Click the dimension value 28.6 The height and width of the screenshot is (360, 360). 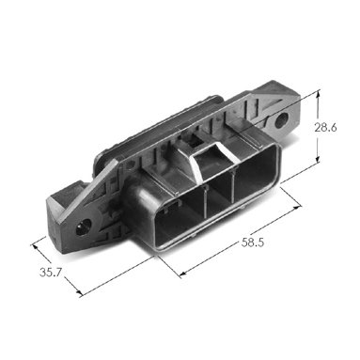(326, 128)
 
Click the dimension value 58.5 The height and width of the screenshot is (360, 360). (253, 243)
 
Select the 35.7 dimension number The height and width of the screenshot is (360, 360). (51, 273)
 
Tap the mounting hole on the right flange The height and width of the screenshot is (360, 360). (281, 120)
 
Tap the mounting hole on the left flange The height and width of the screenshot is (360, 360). (84, 227)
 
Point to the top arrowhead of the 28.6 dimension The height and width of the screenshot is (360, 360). (318, 93)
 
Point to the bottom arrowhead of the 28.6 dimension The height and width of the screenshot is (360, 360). (318, 158)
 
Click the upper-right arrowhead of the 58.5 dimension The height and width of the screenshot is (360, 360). (296, 209)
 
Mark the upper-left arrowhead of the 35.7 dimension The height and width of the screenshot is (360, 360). (35, 246)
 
